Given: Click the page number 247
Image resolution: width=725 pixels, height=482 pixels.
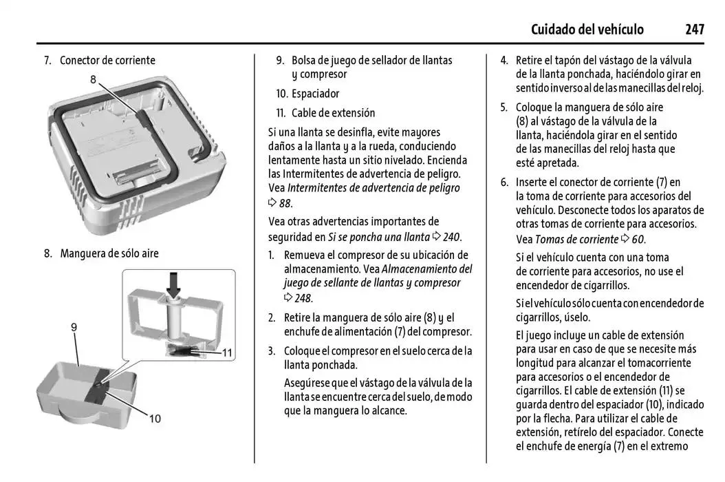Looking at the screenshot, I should (x=694, y=29).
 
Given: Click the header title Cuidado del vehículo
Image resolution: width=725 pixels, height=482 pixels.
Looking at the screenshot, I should (x=587, y=29).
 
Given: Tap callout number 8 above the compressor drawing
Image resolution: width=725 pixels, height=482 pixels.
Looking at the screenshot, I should (x=93, y=79).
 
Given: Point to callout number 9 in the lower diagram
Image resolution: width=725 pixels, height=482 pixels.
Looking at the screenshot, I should (x=74, y=328).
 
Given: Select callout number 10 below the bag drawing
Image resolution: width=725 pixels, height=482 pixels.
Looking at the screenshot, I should (x=155, y=418).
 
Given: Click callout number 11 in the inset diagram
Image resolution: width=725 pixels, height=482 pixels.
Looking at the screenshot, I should (x=228, y=353).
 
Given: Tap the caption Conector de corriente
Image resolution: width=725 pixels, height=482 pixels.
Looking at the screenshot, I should (x=107, y=61).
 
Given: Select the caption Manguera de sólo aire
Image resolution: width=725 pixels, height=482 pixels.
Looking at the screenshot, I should (x=109, y=253).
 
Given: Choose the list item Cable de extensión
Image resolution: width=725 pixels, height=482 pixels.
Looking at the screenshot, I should (x=333, y=113).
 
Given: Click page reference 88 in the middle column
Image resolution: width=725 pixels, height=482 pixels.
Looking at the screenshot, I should (x=285, y=203).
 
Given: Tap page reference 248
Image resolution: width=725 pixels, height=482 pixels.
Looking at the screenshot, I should (x=303, y=298).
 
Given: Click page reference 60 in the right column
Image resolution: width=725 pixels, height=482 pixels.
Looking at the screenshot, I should (x=638, y=240).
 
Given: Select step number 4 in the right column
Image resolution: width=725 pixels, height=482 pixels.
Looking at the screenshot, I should (x=504, y=61).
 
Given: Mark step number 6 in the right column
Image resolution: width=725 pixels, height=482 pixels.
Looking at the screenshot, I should (x=504, y=182).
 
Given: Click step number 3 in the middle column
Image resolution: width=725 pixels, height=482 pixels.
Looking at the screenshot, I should (x=272, y=351).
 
